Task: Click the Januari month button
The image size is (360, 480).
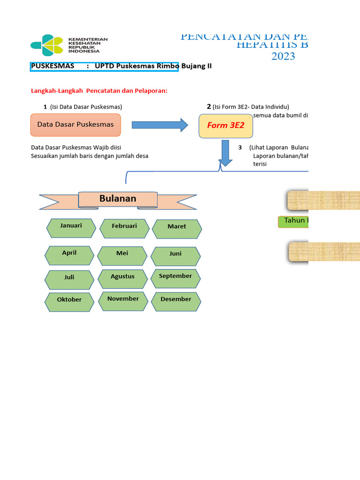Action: coord(71,228)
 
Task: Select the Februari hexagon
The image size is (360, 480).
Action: coord(124,228)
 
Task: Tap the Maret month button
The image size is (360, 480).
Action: coord(177,229)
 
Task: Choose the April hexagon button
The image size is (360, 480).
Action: coord(69,255)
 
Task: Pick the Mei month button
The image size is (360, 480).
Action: coord(122,255)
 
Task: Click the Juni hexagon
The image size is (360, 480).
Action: coord(176,256)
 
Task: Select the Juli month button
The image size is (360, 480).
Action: coord(69,279)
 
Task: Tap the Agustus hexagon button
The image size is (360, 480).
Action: coord(123,278)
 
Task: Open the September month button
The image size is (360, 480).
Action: coord(175,278)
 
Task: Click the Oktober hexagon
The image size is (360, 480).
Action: coord(69,301)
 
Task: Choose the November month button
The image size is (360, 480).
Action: coord(123,300)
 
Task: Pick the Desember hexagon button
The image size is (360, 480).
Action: coord(176,301)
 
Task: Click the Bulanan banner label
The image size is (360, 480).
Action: coord(118,199)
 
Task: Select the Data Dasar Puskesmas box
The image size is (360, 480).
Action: coord(75,125)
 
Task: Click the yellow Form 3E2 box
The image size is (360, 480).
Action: coord(226,126)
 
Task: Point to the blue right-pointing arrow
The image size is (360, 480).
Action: coord(160,125)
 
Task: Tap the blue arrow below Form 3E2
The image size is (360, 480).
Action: coord(225,153)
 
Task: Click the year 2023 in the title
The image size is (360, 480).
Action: coord(283,57)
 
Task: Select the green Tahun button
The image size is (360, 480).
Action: coord(294,221)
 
